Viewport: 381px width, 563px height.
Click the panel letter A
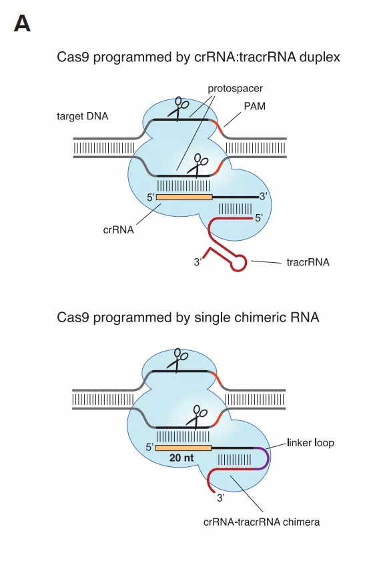22,24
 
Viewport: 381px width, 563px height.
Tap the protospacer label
236,89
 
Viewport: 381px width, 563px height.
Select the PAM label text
255,106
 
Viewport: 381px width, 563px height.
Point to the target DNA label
82,116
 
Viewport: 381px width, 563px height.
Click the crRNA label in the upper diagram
118,229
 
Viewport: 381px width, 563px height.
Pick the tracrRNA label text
308,262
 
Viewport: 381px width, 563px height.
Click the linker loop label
310,443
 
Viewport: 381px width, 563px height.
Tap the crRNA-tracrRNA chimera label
262,522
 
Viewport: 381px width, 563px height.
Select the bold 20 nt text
181,458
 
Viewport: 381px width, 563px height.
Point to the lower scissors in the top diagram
198,165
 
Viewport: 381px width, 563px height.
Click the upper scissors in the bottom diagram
177,360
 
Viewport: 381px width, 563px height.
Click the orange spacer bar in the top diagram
184,197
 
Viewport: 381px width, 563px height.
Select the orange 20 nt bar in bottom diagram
183,448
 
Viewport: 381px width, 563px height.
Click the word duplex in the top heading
320,57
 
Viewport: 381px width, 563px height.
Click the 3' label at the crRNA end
264,196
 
